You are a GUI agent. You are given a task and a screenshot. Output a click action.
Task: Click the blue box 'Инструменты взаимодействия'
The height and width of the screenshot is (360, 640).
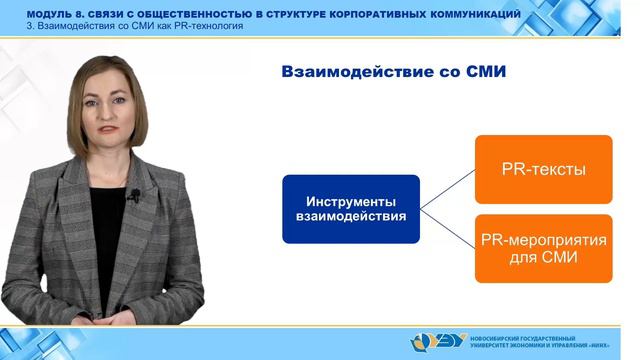pyautogui.click(x=351, y=209)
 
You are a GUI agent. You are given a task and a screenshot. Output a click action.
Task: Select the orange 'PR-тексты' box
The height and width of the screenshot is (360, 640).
pyautogui.click(x=543, y=169)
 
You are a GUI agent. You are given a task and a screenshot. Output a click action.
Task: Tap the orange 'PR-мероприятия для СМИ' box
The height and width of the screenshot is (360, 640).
pyautogui.click(x=543, y=249)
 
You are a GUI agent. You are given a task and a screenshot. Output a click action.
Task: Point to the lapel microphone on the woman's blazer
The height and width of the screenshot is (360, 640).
pyautogui.click(x=131, y=196)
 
